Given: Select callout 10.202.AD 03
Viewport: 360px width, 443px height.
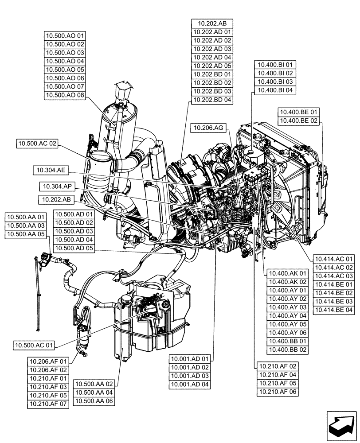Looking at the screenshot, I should click(212, 49).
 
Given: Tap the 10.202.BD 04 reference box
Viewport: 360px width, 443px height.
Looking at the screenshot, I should click(212, 100).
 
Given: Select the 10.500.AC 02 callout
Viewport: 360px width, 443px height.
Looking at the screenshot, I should click(38, 144).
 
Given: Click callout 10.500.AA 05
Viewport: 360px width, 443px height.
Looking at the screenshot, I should click(25, 234).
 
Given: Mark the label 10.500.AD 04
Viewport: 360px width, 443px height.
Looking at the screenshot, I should click(74, 240).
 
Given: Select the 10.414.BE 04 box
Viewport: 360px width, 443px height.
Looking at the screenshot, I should click(334, 310).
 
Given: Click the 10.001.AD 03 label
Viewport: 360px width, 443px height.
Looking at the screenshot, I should click(191, 376).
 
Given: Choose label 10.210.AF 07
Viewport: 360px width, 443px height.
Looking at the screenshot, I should click(48, 404).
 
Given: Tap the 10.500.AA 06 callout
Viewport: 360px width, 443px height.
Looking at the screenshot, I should click(94, 401).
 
